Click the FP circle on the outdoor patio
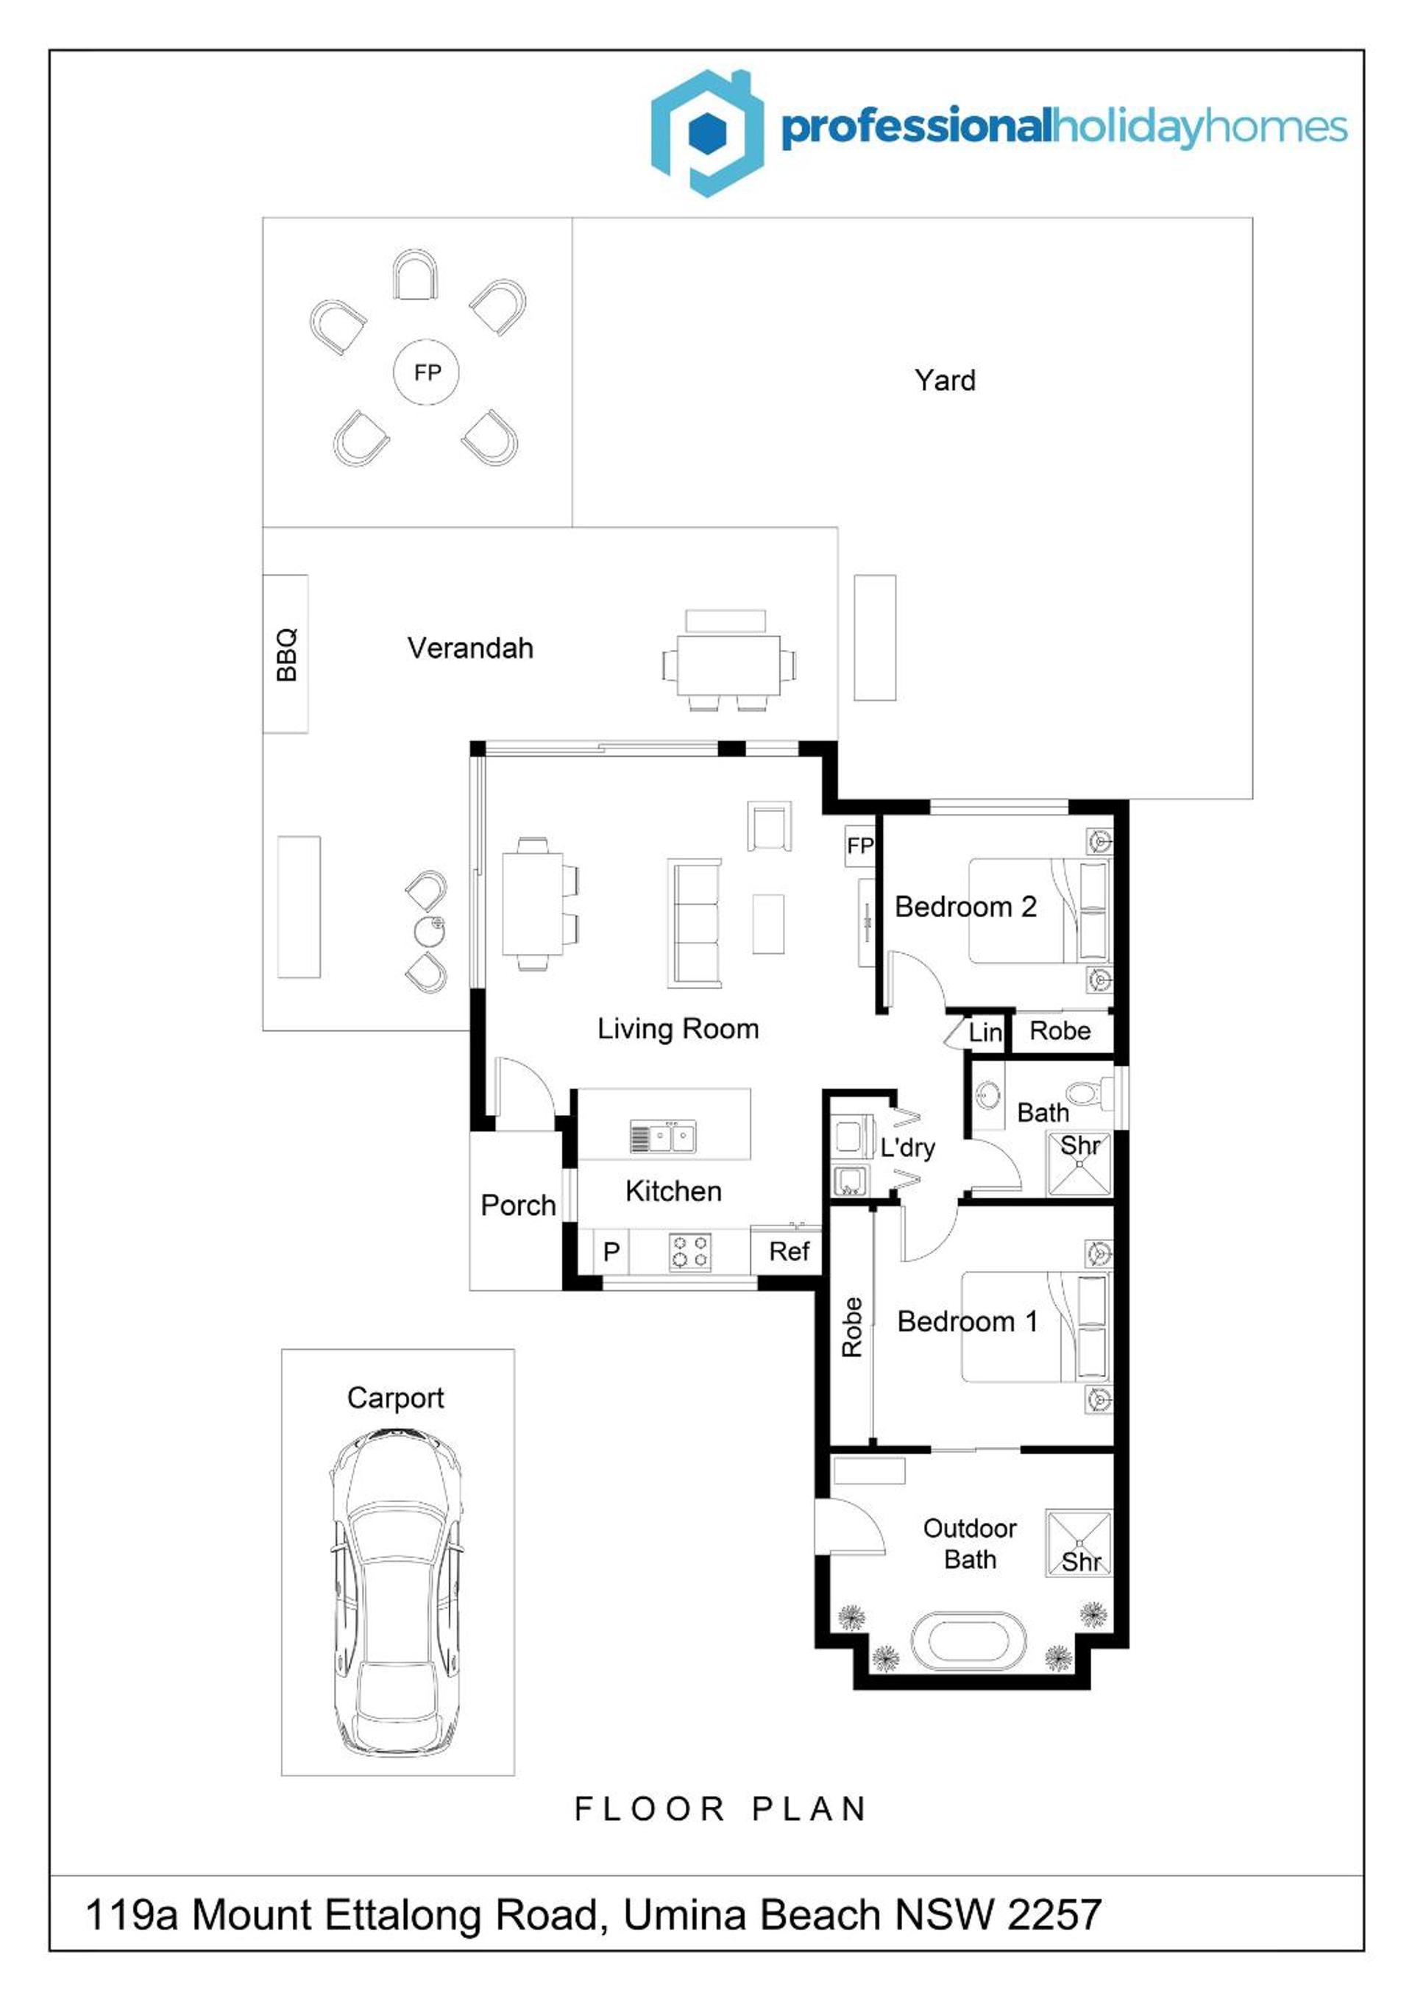click(427, 372)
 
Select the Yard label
click(945, 381)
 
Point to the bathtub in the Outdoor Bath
click(969, 1641)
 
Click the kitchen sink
click(664, 1137)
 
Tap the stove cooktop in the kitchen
click(689, 1251)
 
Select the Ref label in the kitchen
click(789, 1251)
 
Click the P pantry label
click(611, 1251)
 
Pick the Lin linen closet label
click(985, 1033)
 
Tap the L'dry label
click(907, 1147)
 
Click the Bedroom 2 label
click(965, 907)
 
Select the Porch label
click(518, 1206)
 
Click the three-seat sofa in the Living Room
click(695, 923)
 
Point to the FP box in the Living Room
click(859, 846)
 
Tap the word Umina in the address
click(684, 1914)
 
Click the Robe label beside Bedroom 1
click(851, 1327)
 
